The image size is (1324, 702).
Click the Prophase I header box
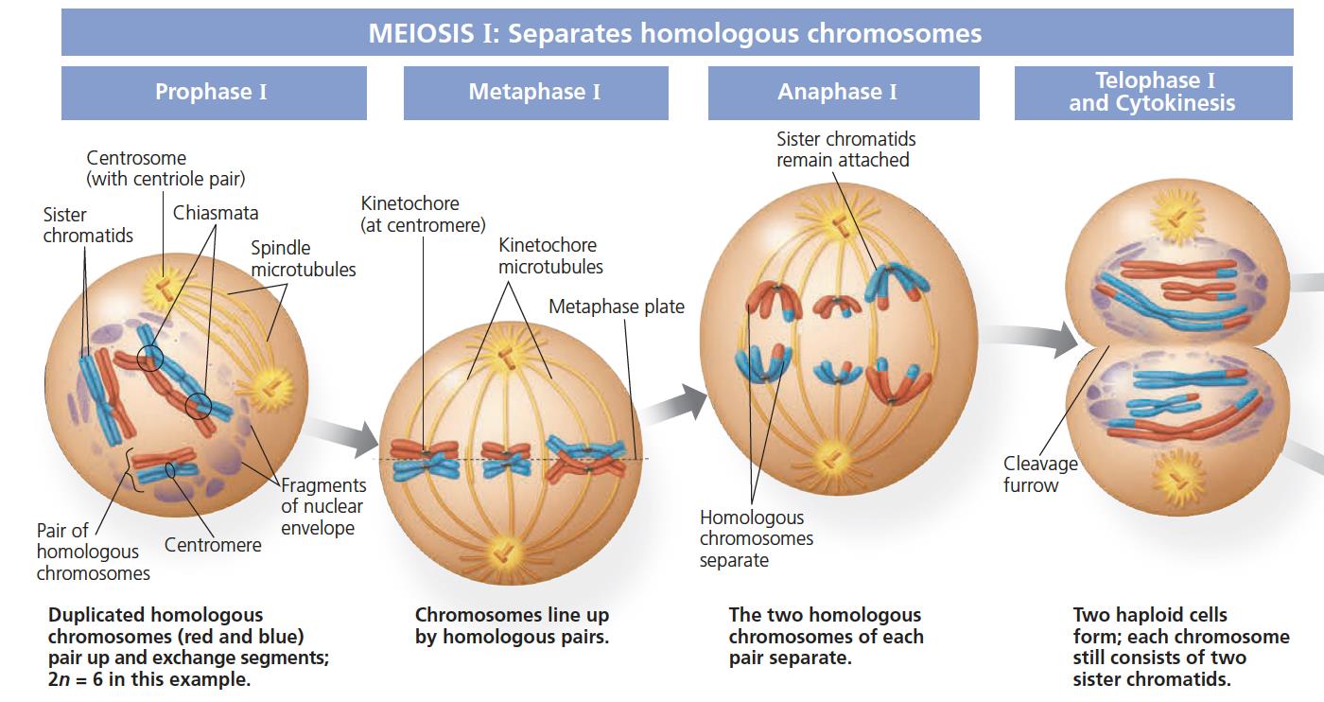click(x=214, y=93)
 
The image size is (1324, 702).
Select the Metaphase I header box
click(x=535, y=93)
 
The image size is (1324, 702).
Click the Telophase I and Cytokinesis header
click(x=1153, y=93)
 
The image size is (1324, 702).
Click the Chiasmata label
click(x=216, y=213)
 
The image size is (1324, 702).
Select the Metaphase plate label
click(x=616, y=307)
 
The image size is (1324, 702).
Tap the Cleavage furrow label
click(x=1040, y=474)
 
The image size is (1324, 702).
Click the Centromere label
click(x=213, y=545)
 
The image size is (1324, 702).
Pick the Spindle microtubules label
click(x=303, y=258)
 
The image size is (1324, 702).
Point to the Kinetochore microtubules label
click(x=550, y=255)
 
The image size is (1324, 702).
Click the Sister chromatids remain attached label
click(x=845, y=149)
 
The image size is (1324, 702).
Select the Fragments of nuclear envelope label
click(x=322, y=506)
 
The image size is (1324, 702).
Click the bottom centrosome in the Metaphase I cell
click(x=508, y=548)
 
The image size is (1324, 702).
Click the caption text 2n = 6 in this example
click(x=149, y=679)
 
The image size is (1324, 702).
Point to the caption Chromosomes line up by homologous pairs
click(x=512, y=626)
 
